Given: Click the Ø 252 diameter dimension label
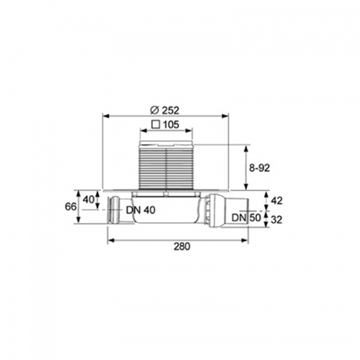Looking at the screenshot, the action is pos(164,110).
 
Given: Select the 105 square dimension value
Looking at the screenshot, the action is pos(171,125).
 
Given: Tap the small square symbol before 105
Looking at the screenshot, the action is pos(156,125).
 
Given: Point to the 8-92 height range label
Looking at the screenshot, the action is pos(260,168).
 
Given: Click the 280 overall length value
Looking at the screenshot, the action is pos(182,247).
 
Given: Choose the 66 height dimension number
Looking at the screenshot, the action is pos(71,207).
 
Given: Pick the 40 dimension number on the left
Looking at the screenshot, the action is pos(89,200).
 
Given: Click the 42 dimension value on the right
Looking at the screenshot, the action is pos(277,201).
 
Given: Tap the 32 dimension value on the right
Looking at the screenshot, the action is pos(276,220).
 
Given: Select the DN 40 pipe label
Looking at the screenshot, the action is pos(140,210).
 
